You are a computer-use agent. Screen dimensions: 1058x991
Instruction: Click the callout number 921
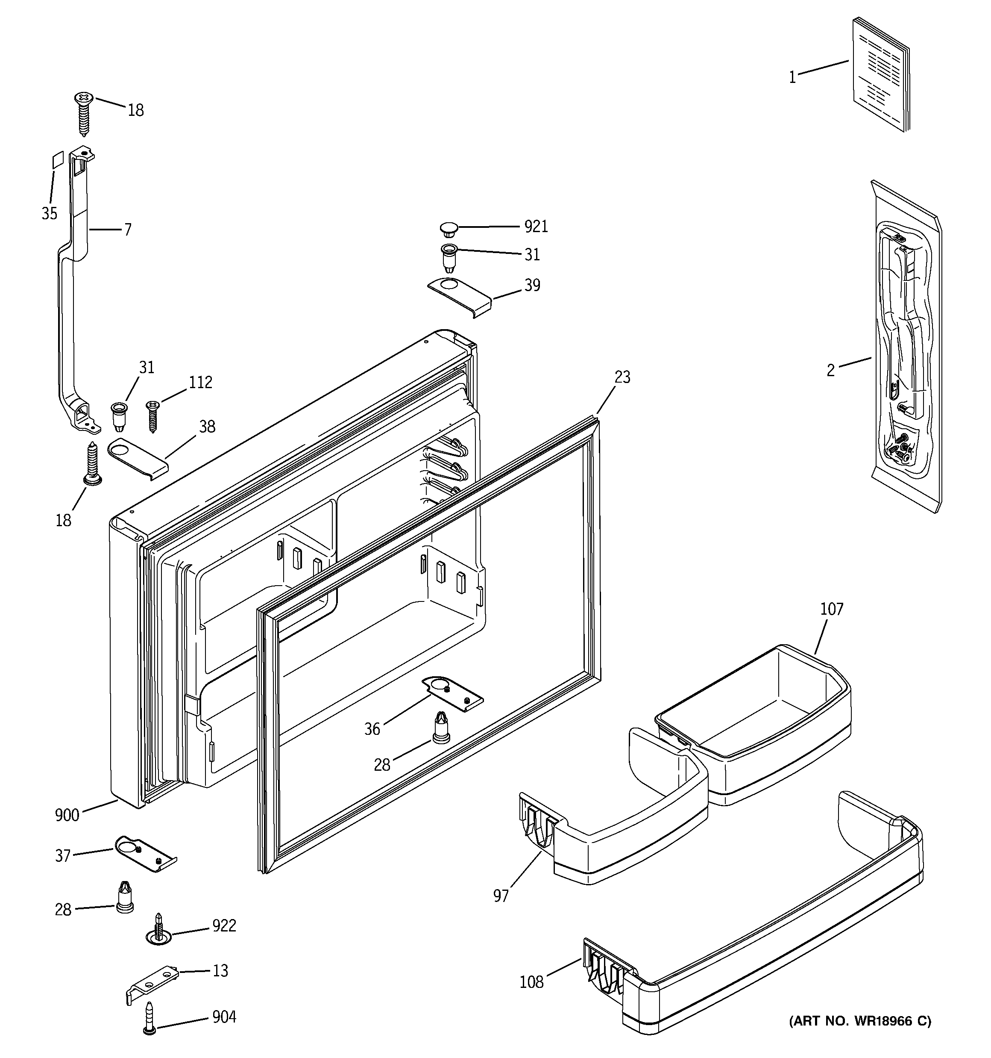[x=536, y=227]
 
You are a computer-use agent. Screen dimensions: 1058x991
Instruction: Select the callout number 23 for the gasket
[x=622, y=377]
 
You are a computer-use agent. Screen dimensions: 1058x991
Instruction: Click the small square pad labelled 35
[x=57, y=159]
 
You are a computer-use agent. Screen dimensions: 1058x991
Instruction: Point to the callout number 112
[x=200, y=383]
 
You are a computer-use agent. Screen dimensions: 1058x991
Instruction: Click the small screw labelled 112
[x=152, y=416]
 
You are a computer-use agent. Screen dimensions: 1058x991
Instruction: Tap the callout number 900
[x=67, y=815]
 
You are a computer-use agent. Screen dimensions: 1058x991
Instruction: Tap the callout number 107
[x=831, y=609]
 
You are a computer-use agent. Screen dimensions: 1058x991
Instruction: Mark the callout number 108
[x=531, y=982]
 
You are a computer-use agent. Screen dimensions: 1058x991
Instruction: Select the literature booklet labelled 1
[x=881, y=74]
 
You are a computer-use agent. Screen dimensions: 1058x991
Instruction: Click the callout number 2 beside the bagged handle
[x=830, y=370]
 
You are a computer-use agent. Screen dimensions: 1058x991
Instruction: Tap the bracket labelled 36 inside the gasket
[x=453, y=695]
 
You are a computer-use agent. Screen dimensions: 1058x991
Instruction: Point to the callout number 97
[x=501, y=896]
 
